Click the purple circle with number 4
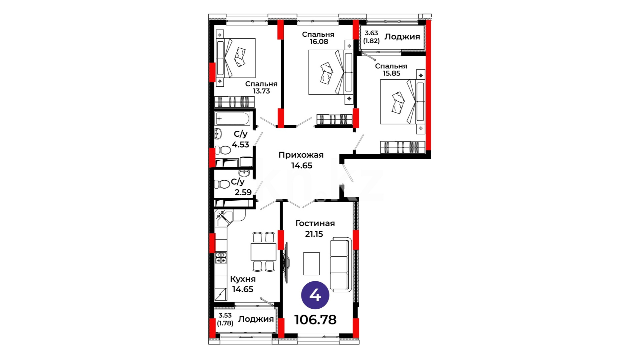click(315, 295)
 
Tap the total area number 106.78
click(315, 320)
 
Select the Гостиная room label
click(315, 223)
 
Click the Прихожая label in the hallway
click(301, 155)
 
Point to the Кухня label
click(243, 279)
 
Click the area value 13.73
click(261, 91)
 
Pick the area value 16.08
click(319, 41)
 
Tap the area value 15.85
click(391, 73)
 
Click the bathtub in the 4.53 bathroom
click(232, 119)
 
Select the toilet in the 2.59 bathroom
click(221, 184)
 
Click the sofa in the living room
click(341, 265)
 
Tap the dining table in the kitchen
click(263, 252)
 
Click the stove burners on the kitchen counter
click(221, 258)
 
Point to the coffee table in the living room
click(311, 263)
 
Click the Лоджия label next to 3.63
click(402, 37)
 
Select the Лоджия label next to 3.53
click(256, 319)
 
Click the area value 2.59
click(243, 192)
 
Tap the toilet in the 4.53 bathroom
click(223, 150)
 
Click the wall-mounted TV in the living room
click(286, 263)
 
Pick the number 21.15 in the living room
click(314, 234)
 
